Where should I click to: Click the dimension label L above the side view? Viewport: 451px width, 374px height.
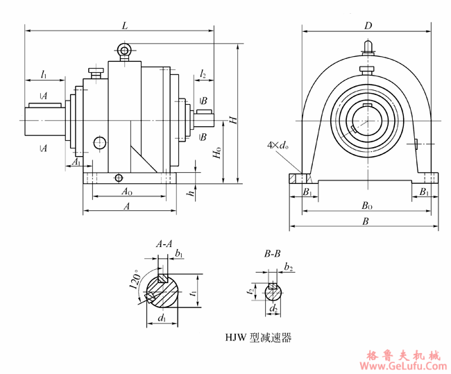tap(124, 25)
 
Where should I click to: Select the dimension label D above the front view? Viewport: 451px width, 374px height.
tap(368, 26)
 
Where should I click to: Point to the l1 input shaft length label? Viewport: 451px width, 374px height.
tap(44, 73)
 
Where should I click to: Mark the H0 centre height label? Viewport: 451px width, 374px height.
tap(218, 153)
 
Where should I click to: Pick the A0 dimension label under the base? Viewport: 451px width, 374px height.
tap(127, 192)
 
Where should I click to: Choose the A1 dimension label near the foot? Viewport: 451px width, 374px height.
tap(77, 162)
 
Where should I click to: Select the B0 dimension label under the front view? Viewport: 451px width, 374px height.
tap(367, 206)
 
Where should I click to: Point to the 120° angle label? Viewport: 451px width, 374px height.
tap(136, 282)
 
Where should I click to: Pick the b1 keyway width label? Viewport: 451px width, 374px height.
tap(179, 255)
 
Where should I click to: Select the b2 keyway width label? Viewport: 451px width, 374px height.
tap(288, 267)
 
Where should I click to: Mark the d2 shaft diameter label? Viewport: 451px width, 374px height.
tap(274, 307)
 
